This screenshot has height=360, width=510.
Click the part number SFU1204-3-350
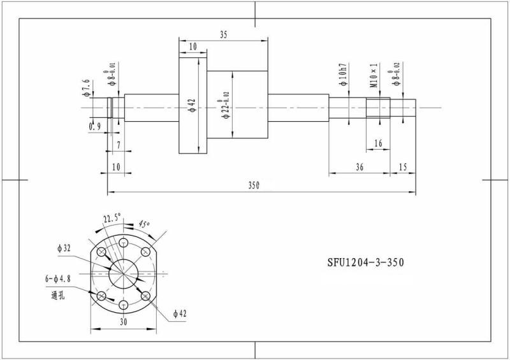[366, 263]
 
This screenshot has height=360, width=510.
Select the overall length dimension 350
[254, 185]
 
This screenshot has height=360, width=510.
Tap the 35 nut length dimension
[224, 36]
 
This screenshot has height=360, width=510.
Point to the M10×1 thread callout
[375, 75]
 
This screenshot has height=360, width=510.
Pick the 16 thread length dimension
[378, 144]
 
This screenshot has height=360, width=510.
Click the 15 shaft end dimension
[403, 167]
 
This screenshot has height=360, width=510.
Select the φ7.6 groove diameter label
[86, 85]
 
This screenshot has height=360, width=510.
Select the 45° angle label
[143, 224]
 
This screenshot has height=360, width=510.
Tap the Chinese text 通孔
[58, 295]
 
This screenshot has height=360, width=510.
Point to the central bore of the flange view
[123, 274]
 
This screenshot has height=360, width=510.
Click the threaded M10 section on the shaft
[378, 108]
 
